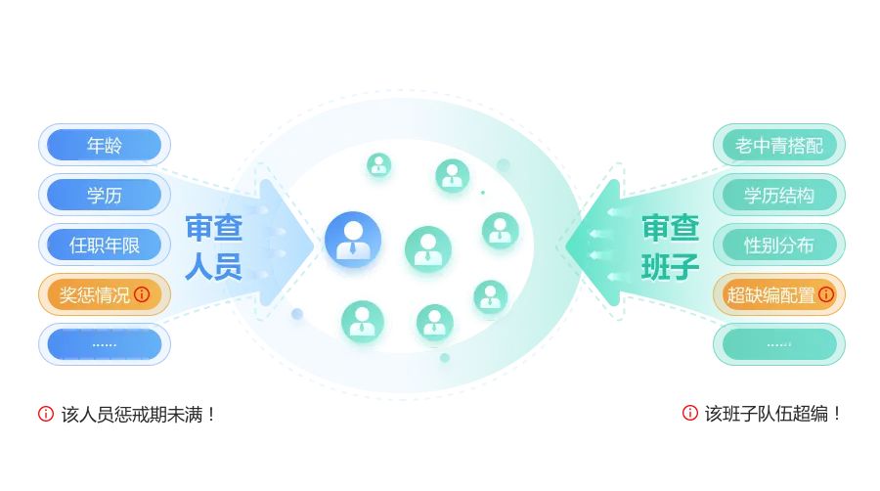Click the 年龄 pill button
coord(105,145)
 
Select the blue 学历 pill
coord(105,195)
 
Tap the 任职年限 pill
coord(105,245)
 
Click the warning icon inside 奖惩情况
coord(143,294)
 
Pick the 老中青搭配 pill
coord(779,146)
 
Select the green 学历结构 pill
coord(779,195)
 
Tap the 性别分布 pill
coord(779,245)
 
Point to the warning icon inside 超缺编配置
coord(826,294)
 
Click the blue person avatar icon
coord(353,240)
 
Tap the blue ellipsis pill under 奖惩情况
coord(105,344)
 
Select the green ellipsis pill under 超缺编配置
coord(779,344)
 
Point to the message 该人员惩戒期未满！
coord(137,415)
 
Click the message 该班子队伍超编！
coord(772,414)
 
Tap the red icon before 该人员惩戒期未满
coord(46,414)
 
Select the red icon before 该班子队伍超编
coord(690,413)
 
